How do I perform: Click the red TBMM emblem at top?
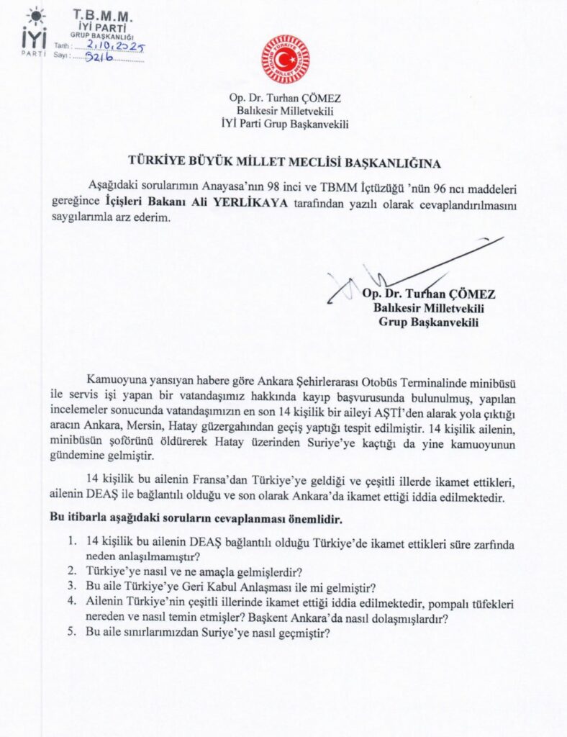pyautogui.click(x=284, y=59)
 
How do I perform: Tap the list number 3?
pyautogui.click(x=73, y=587)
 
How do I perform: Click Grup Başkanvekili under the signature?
pyautogui.click(x=429, y=322)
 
